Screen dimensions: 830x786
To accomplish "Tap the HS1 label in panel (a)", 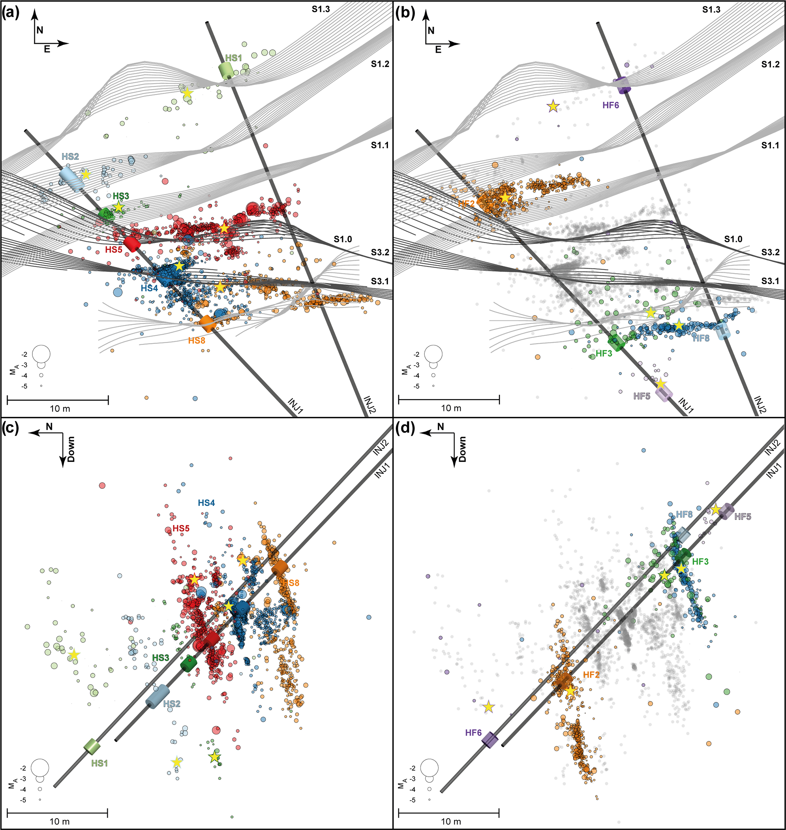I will (233, 58).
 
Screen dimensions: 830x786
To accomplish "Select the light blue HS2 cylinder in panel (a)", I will (71, 179).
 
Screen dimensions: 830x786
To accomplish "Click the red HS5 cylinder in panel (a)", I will (132, 243).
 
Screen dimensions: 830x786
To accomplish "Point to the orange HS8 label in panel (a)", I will (197, 340).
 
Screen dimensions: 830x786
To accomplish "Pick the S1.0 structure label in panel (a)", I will (343, 239).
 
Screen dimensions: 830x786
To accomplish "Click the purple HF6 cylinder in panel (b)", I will (622, 85).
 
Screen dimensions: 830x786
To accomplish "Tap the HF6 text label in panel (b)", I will (610, 105).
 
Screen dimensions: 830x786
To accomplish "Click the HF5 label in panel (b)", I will (642, 396).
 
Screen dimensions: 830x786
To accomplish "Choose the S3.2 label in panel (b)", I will (770, 252).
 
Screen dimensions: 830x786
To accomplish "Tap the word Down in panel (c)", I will (71, 449).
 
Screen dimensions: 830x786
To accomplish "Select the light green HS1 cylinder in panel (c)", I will (92, 746).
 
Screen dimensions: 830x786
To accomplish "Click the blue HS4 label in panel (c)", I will (206, 502).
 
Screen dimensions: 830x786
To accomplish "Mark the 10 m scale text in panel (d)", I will (451, 821).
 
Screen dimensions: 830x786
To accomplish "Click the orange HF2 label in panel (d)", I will (591, 675).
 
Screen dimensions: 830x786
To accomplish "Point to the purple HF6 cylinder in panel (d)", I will (489, 740).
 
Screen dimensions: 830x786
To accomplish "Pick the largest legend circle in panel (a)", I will (41, 354).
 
